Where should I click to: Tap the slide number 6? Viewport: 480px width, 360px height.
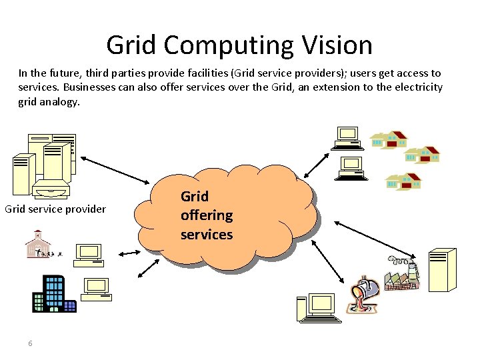pyautogui.click(x=30, y=343)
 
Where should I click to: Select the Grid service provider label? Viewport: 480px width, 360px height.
pyautogui.click(x=55, y=209)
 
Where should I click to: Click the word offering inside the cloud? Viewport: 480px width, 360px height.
pyautogui.click(x=207, y=215)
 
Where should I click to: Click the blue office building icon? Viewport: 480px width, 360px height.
pyautogui.click(x=54, y=293)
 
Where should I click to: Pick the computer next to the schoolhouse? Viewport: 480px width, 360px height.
pyautogui.click(x=89, y=255)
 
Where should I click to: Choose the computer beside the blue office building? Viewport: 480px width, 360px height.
pyautogui.click(x=96, y=289)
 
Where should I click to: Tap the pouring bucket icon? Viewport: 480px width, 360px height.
pyautogui.click(x=363, y=295)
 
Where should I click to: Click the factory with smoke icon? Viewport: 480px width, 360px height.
pyautogui.click(x=402, y=273)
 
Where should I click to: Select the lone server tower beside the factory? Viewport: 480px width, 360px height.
pyautogui.click(x=443, y=270)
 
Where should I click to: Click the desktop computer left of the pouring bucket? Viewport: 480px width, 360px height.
pyautogui.click(x=319, y=308)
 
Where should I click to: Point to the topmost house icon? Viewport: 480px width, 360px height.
pyautogui.click(x=389, y=139)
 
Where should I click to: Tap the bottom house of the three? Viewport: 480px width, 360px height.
pyautogui.click(x=404, y=181)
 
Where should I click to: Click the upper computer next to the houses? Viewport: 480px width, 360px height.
pyautogui.click(x=347, y=139)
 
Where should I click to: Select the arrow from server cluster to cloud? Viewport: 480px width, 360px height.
pyautogui.click(x=115, y=170)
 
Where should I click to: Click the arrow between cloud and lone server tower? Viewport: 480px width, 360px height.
pyautogui.click(x=375, y=240)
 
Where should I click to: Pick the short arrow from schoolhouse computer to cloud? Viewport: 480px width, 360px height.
pyautogui.click(x=129, y=253)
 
